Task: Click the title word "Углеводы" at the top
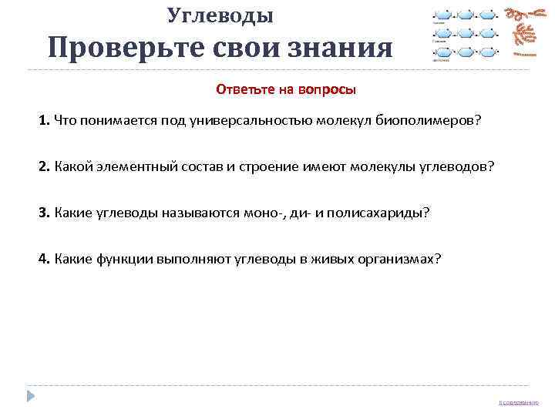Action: pos(220,14)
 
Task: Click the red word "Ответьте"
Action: pos(246,89)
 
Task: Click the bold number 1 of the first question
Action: pos(44,121)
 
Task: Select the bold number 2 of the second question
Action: pos(44,167)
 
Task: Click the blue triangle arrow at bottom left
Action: pos(30,395)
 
